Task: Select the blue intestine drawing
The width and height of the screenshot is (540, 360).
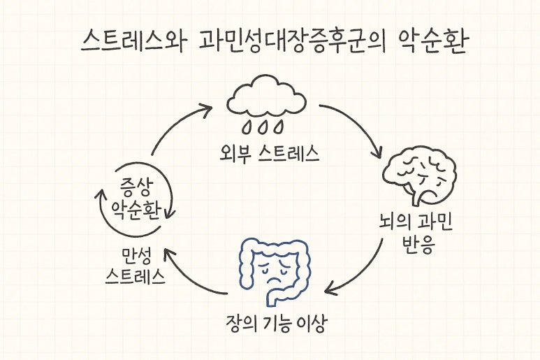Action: point(275,269)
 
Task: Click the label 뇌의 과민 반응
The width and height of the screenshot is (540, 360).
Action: point(410,235)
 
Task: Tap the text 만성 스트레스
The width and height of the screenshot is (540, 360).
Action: point(136,265)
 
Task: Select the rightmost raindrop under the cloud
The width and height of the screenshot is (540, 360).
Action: point(281,127)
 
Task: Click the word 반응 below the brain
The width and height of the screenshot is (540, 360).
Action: point(410,246)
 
